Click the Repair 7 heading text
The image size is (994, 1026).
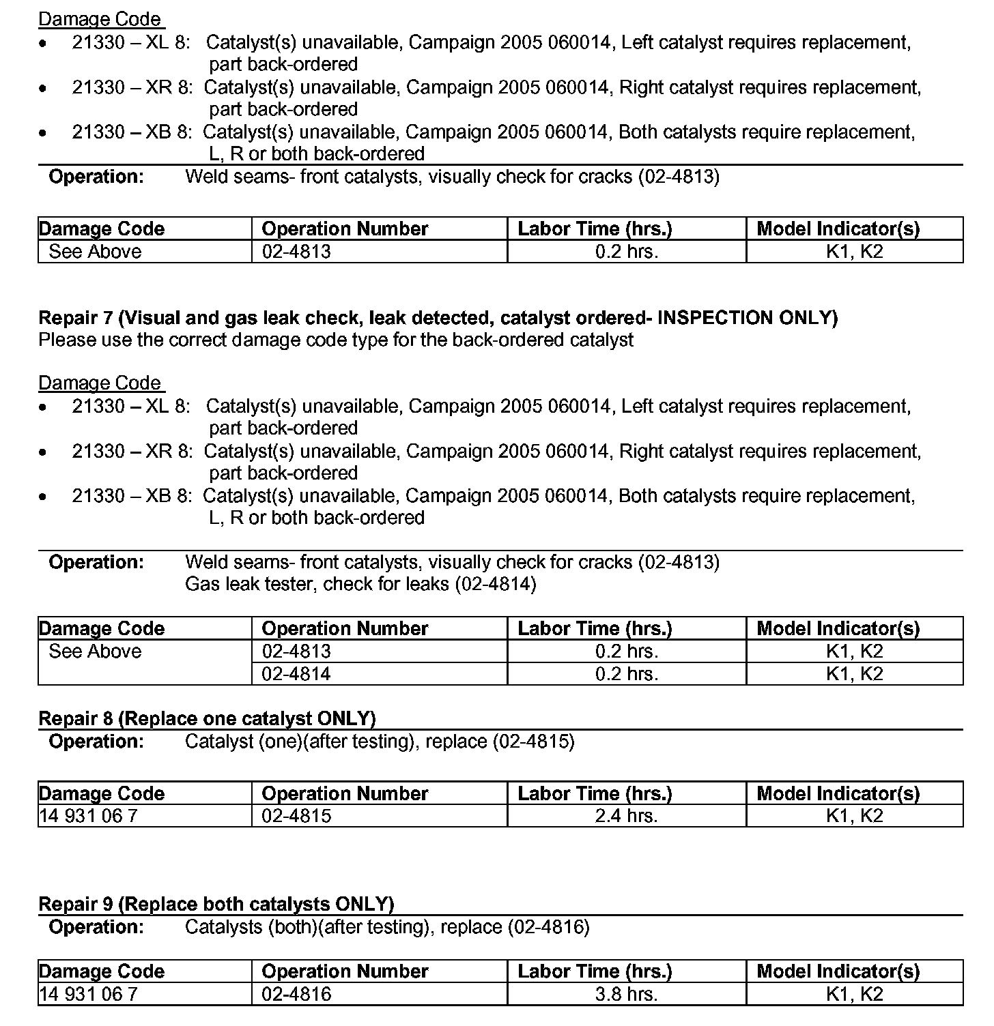pos(437,317)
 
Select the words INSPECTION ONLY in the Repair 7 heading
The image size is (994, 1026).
pos(747,317)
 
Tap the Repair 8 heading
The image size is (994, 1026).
pos(207,718)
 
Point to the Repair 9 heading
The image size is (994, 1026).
pos(216,904)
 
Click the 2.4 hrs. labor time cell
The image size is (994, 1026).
pos(626,816)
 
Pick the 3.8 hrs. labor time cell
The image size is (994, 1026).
pos(626,994)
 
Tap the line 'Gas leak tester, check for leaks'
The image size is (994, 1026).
pos(360,584)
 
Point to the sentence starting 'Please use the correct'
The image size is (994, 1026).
pos(335,340)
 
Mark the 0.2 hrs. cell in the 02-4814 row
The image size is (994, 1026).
pos(626,674)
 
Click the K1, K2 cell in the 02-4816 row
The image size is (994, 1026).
pos(854,994)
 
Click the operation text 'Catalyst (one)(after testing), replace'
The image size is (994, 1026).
pos(380,742)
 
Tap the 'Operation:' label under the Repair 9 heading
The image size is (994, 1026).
pos(96,927)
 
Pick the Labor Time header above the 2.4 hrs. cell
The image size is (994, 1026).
pos(595,793)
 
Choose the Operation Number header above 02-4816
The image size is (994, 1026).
pos(345,971)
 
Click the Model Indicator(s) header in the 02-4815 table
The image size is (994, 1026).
pos(838,793)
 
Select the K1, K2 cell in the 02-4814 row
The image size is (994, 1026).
pos(854,674)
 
